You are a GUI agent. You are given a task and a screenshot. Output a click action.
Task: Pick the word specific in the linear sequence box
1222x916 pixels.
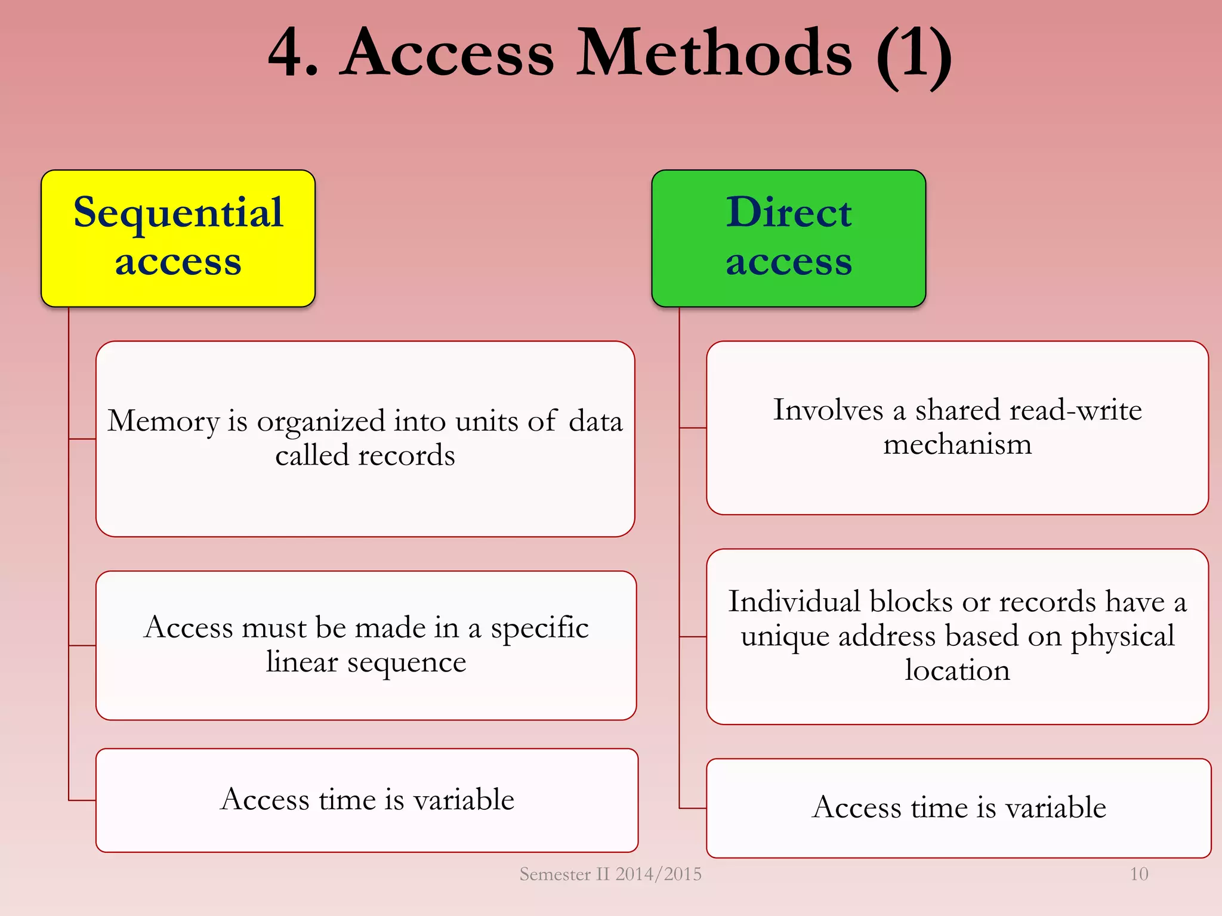tap(539, 627)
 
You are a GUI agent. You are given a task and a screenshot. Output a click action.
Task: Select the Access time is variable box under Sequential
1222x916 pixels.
tap(367, 800)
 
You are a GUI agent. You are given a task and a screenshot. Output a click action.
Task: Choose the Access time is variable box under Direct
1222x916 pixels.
tap(958, 807)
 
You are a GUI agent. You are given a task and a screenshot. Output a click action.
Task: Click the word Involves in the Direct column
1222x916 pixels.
tap(828, 410)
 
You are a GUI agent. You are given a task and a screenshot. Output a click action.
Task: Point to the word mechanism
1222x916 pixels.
tap(957, 444)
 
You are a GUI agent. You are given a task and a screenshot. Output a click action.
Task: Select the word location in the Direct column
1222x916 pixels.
tap(957, 670)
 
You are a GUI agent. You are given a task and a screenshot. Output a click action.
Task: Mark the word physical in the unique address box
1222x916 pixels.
tap(1122, 636)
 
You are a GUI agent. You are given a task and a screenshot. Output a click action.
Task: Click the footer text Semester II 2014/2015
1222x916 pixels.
tap(610, 874)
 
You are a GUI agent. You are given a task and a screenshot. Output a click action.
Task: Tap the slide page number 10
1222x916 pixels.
tap(1138, 874)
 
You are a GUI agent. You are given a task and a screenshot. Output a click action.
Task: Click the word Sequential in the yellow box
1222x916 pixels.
tap(178, 212)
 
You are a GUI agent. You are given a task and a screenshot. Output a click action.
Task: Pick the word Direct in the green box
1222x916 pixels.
tap(788, 212)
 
